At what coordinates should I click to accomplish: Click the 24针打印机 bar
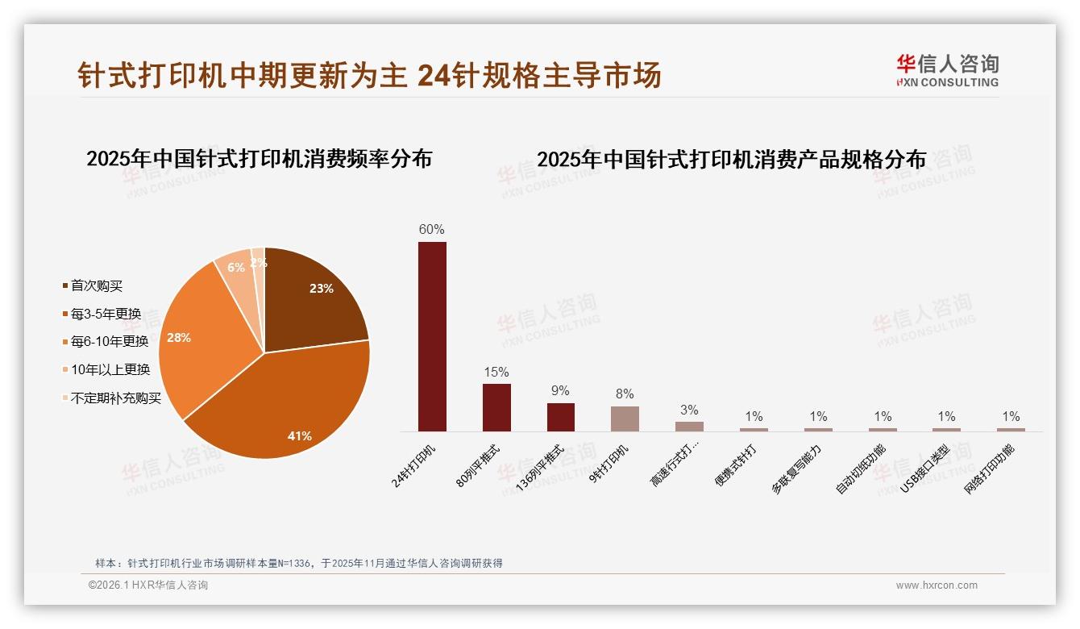tap(432, 336)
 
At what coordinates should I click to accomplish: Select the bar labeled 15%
tap(496, 407)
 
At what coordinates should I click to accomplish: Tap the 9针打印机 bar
tap(625, 419)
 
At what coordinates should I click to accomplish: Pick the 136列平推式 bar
tap(561, 417)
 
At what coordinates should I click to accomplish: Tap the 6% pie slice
tap(235, 270)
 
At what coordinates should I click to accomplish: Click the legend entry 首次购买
tap(97, 285)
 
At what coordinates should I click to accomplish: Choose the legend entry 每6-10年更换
tap(110, 341)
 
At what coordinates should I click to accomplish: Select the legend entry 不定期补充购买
tap(115, 398)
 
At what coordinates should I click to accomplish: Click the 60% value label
tap(431, 229)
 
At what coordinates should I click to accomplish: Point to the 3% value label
tap(689, 410)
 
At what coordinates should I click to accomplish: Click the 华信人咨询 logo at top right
tap(947, 70)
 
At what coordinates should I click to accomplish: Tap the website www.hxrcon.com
tap(937, 585)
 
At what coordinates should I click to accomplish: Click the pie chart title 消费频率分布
tap(259, 158)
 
